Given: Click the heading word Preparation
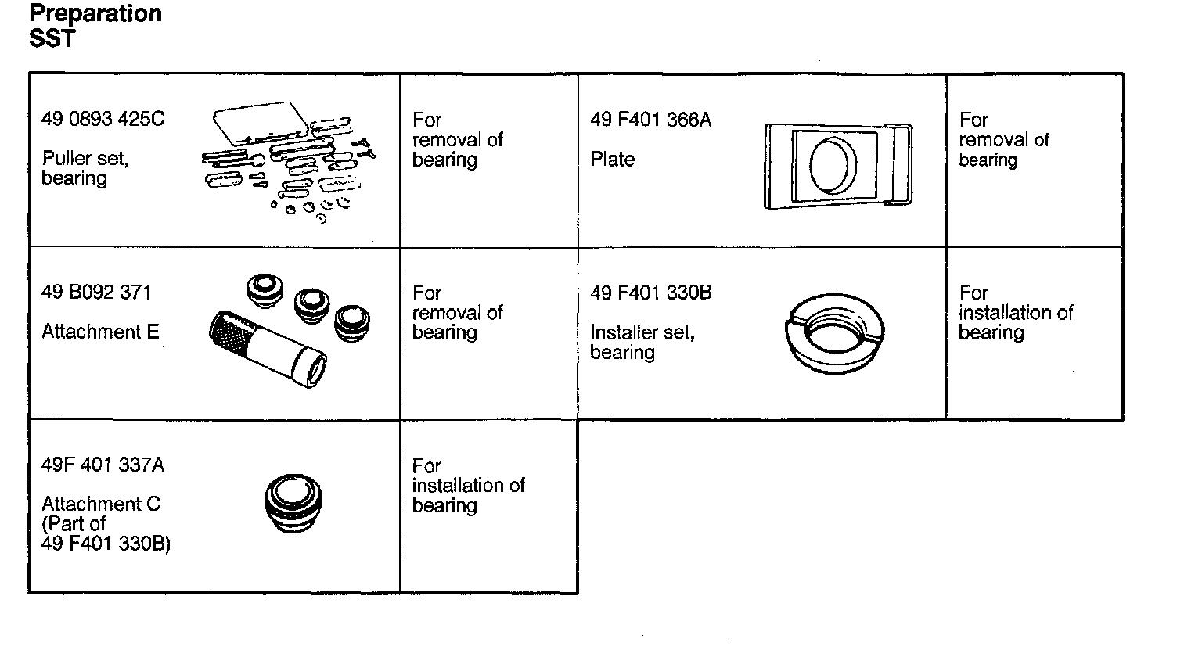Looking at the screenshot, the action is click(95, 14).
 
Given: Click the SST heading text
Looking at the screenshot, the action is click(52, 38).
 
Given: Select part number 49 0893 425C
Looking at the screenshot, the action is click(103, 120).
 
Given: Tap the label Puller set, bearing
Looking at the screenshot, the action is click(85, 168).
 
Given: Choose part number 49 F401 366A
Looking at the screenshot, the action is click(650, 120).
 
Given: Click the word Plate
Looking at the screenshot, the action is click(612, 160).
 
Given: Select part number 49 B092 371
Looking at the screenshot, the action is click(96, 293).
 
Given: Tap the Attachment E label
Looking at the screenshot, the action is click(100, 332).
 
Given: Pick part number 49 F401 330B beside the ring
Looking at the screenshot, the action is click(650, 293).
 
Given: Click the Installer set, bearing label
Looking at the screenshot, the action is click(642, 342).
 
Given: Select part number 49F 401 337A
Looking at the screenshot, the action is click(103, 465).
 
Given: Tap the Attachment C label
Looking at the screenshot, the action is click(101, 504).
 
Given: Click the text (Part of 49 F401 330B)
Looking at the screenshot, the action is click(105, 533).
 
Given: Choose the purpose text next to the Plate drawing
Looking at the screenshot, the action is click(1004, 140).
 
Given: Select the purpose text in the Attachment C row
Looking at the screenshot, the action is click(468, 486).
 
